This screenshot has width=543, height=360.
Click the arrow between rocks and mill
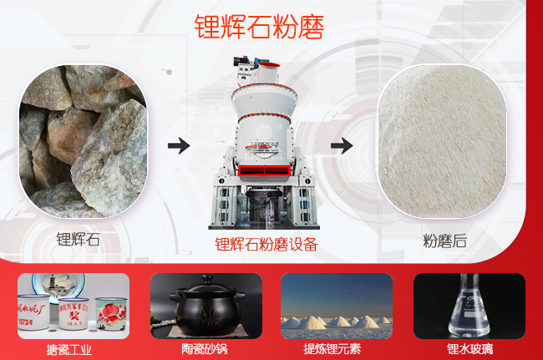178,146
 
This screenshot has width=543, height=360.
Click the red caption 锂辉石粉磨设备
266,245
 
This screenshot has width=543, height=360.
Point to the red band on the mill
261,170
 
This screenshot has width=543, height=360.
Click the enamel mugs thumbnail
74,306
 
